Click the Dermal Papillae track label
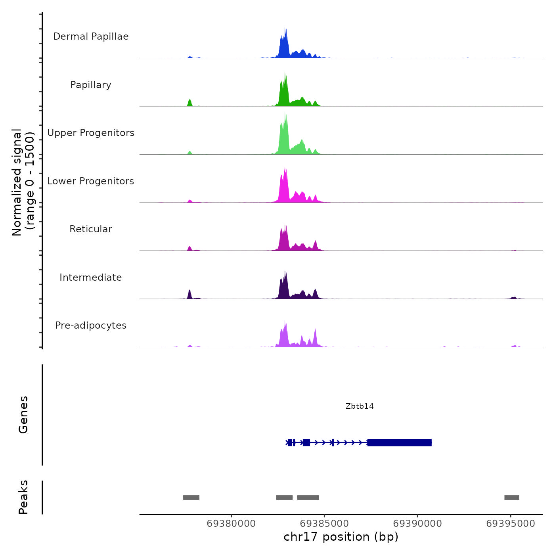91,36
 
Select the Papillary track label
91,85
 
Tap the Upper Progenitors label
91,133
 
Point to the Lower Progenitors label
91,181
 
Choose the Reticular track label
91,229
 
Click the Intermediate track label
91,277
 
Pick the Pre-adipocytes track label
91,325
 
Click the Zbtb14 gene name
360,406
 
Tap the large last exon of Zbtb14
399,442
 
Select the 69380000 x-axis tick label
231,523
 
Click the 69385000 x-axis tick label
324,523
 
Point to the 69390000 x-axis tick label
417,523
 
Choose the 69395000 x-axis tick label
511,523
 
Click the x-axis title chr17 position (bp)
341,537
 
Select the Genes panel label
23,415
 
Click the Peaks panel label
23,497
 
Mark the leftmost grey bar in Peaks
191,498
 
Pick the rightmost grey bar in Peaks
511,498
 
